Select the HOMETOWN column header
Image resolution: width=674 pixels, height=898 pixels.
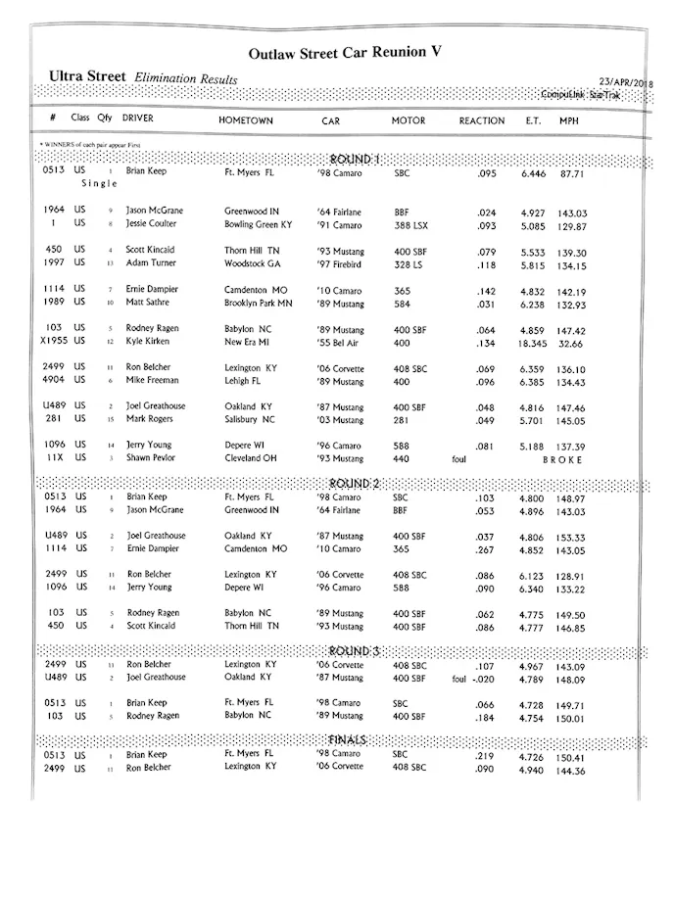click(x=245, y=120)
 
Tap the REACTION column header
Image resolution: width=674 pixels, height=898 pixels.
click(x=482, y=120)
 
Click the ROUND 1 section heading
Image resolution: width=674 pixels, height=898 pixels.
click(x=356, y=159)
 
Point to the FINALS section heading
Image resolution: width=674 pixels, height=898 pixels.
click(x=351, y=738)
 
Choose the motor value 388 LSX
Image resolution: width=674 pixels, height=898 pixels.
click(x=411, y=224)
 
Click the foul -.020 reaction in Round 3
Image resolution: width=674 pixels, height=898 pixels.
click(x=474, y=677)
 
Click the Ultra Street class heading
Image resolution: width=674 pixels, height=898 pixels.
click(x=88, y=76)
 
